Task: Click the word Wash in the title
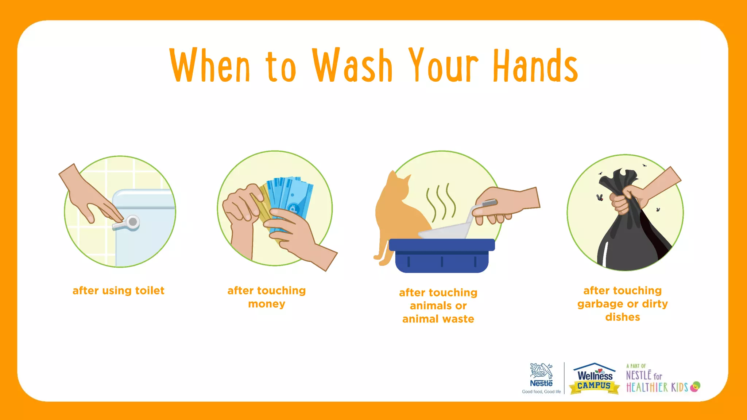pos(352,66)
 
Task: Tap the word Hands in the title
pos(535,66)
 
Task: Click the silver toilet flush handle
pos(128,222)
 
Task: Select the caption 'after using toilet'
pos(119,291)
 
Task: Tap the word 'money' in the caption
pos(267,304)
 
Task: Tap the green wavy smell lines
pos(441,202)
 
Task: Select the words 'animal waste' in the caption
pos(438,319)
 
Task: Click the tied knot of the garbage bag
pos(620,179)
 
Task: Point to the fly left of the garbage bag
pos(599,198)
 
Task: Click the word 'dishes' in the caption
pos(623,317)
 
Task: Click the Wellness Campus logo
pos(595,379)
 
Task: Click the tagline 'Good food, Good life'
pos(541,392)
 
